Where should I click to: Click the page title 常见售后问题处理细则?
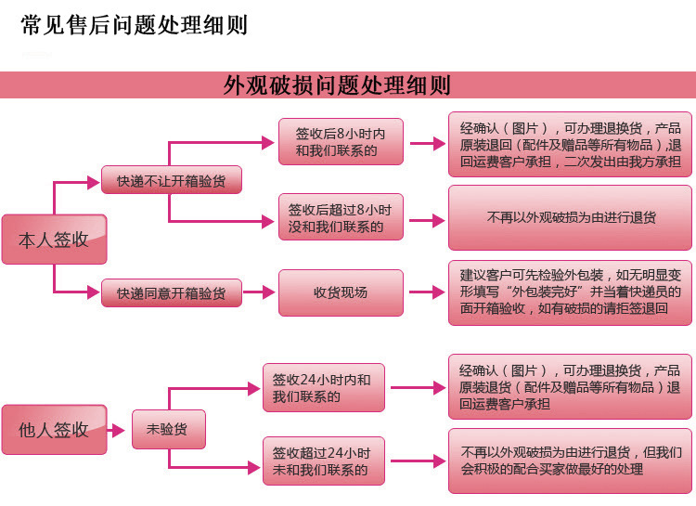tap(134, 25)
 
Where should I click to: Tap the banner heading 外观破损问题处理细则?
tap(337, 85)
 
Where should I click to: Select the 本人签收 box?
tap(54, 240)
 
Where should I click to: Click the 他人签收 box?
tap(54, 430)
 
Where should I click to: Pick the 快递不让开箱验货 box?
tap(171, 180)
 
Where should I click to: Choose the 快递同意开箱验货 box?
tap(171, 292)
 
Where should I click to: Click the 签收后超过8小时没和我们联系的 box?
tap(341, 218)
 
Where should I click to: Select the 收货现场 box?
tap(341, 292)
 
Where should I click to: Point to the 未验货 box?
tap(167, 430)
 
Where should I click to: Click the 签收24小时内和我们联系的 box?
tap(322, 388)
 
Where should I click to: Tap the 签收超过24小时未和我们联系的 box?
tap(322, 461)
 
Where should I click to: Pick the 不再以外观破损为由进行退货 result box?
tap(571, 218)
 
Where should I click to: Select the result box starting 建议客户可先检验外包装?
tap(571, 292)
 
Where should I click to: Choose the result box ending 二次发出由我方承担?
tap(571, 144)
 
